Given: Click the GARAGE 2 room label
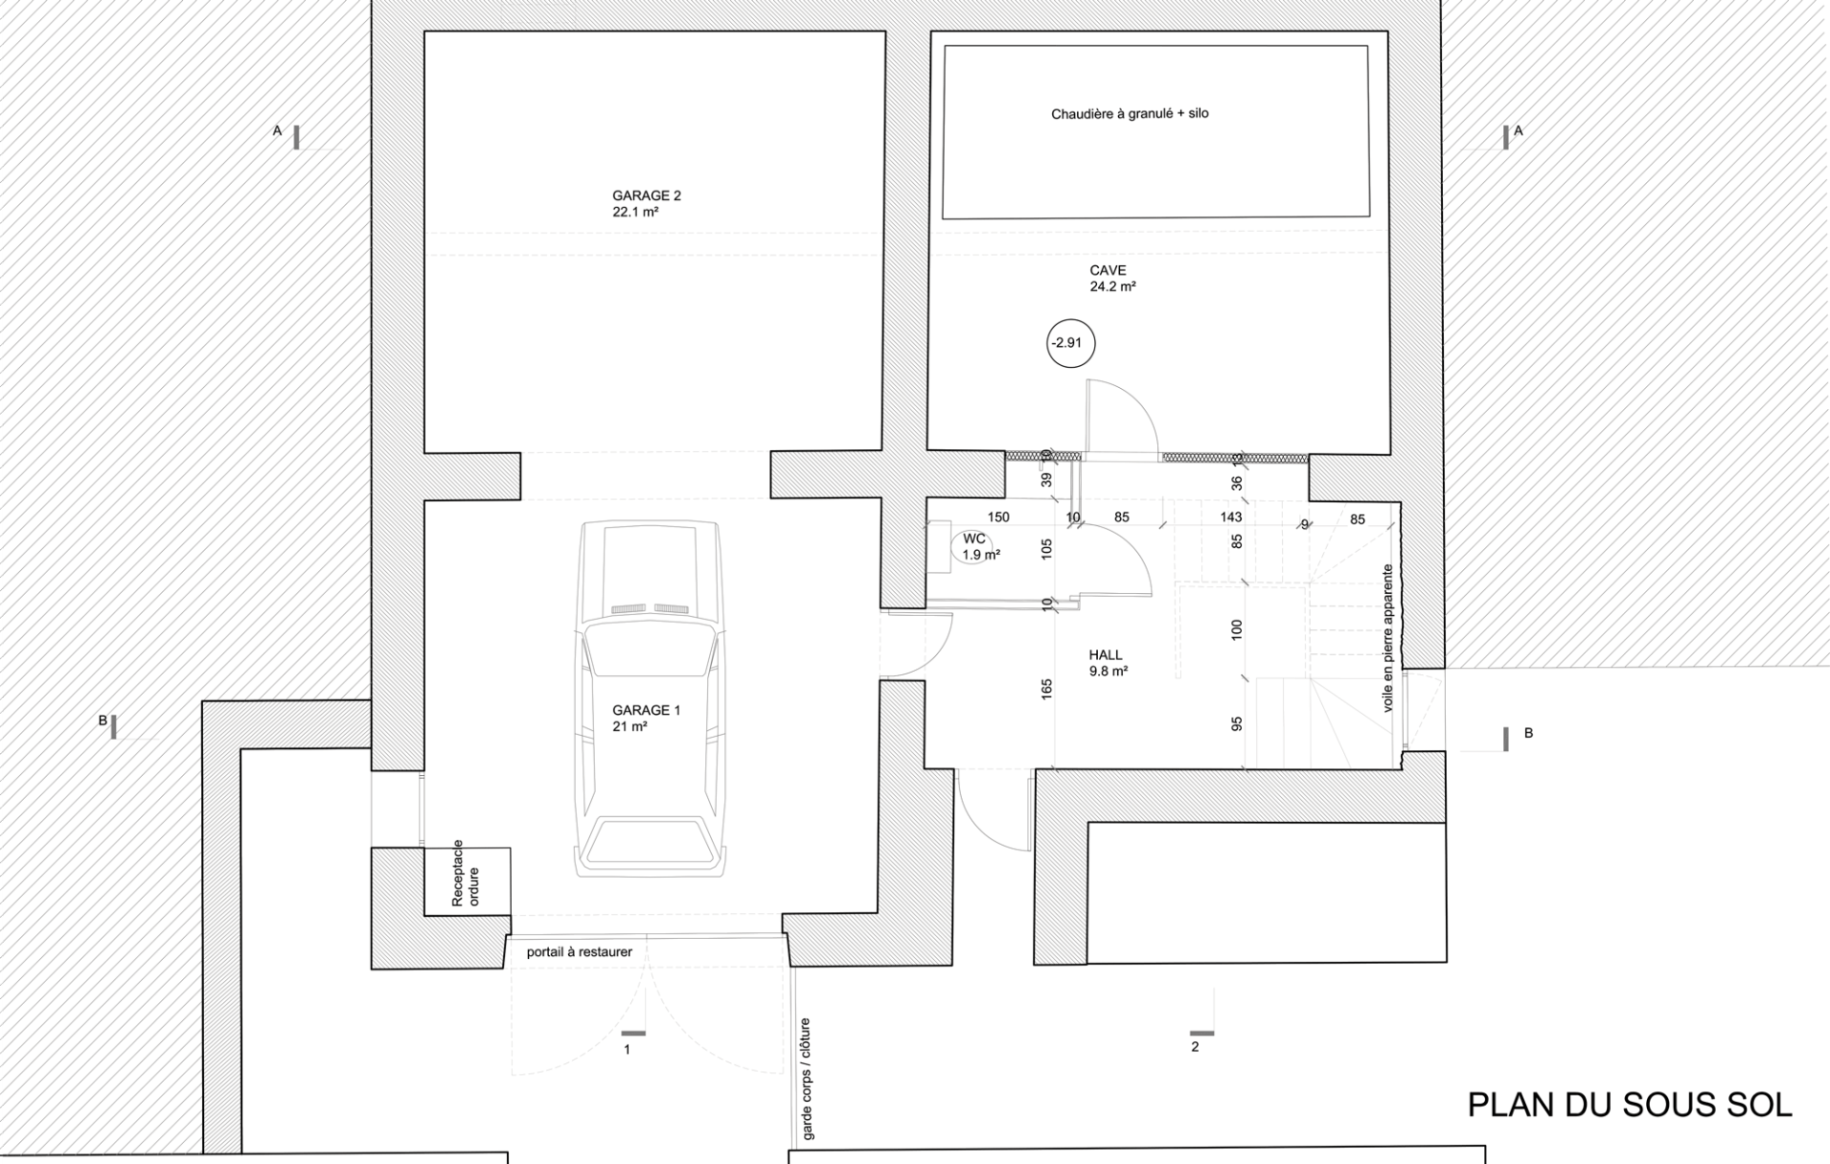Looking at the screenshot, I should (x=646, y=196).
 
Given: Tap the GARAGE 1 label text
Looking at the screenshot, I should (x=646, y=710).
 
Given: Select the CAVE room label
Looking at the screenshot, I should (x=1108, y=271).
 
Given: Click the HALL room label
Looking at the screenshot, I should (x=1106, y=655).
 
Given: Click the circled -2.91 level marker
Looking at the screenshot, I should (x=1070, y=343).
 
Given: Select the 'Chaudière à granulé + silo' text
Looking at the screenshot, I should (x=1129, y=113).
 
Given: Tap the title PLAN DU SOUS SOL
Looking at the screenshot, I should (x=1629, y=1105).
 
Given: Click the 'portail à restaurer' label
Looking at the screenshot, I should (x=579, y=951).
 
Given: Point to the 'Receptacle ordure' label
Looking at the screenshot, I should (x=466, y=874).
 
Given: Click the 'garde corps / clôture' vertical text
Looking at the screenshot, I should (x=807, y=1078).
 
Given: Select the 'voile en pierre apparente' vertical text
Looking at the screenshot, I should (x=1388, y=638).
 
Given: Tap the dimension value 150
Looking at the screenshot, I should (x=998, y=517).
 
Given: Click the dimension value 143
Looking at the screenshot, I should (x=1231, y=517).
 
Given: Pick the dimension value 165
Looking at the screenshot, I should (x=1047, y=689).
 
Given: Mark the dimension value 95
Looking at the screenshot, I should (x=1237, y=724).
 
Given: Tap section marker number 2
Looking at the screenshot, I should (x=1195, y=1047).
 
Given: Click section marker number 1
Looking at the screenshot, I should (x=627, y=1050).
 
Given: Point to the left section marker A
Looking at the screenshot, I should (x=278, y=131).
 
